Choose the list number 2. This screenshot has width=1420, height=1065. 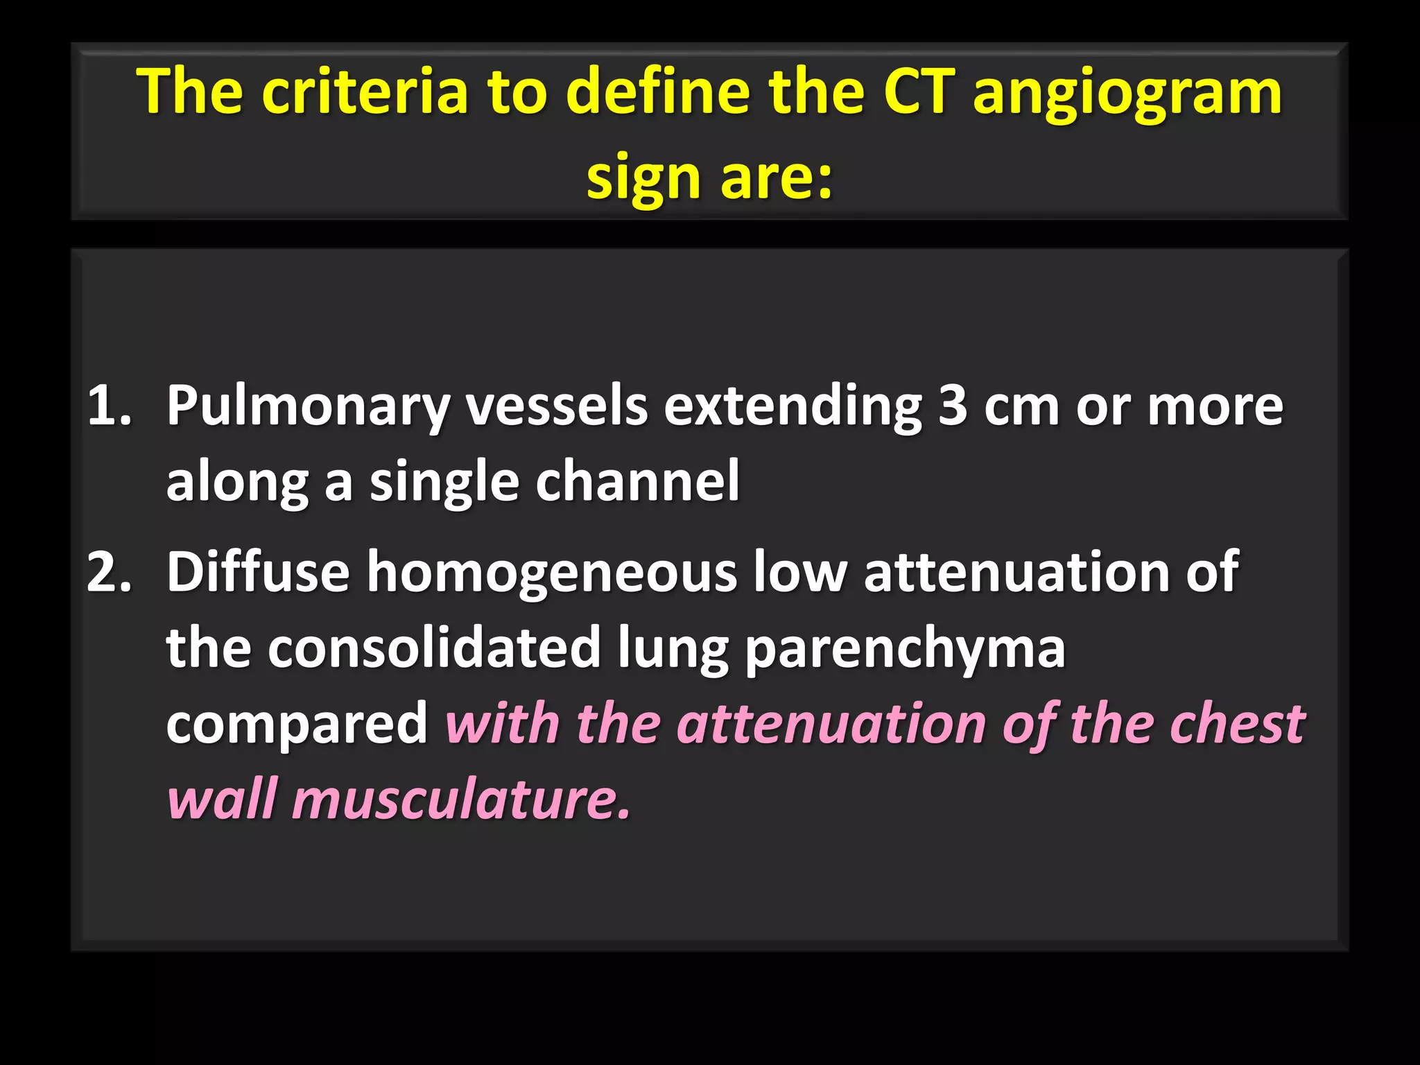(x=109, y=572)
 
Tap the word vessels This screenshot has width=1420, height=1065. (x=557, y=406)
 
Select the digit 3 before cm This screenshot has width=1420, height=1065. (x=953, y=406)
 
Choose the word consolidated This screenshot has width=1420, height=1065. (x=434, y=648)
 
